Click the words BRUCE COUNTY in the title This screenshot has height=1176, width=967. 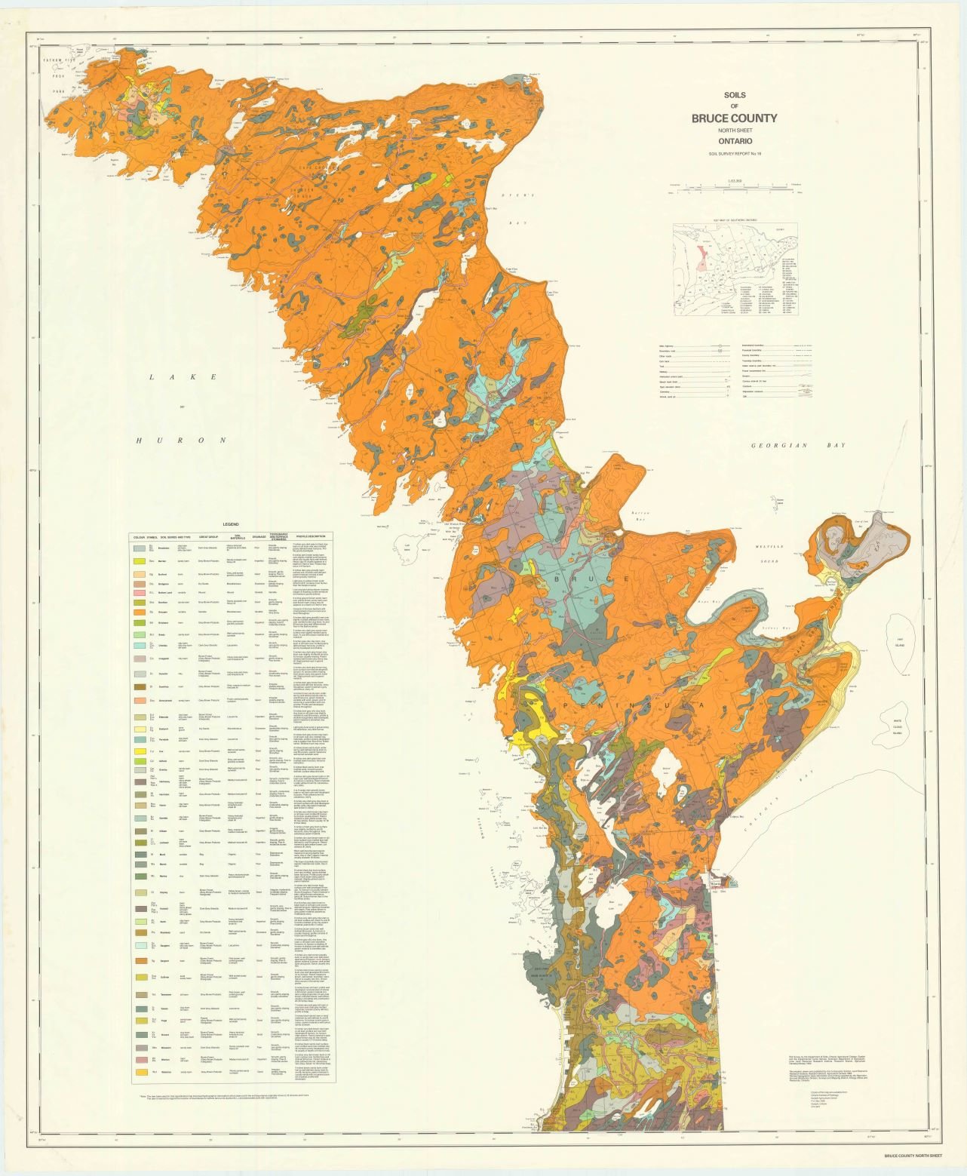click(734, 118)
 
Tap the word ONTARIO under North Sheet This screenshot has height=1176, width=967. click(735, 141)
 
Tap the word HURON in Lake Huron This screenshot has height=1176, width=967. click(182, 440)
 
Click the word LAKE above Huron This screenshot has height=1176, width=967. click(183, 376)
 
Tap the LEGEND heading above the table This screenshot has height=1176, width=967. click(230, 524)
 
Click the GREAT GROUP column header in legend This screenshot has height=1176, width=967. click(208, 537)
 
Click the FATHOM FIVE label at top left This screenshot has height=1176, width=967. click(57, 59)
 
